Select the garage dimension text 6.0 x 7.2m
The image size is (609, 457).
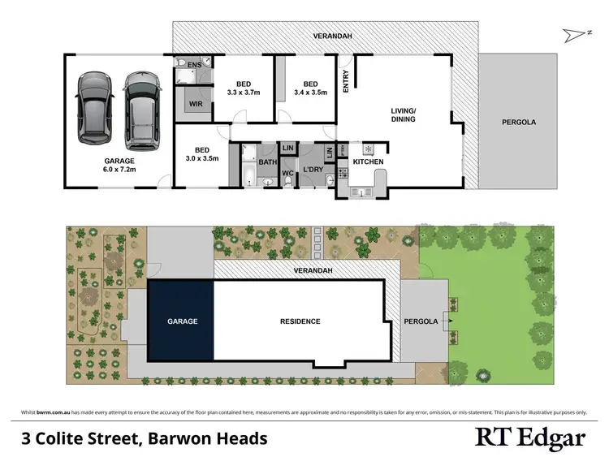click(119, 171)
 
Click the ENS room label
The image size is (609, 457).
click(194, 64)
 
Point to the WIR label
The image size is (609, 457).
click(195, 105)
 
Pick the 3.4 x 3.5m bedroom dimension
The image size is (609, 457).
click(310, 93)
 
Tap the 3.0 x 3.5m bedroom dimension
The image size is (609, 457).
click(203, 159)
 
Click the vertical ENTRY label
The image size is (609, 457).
click(346, 80)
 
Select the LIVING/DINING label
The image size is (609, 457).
click(403, 114)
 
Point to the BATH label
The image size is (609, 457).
click(268, 162)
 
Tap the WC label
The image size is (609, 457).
click(287, 173)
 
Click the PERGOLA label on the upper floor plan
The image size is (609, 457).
click(517, 123)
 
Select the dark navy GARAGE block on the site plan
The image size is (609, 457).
click(182, 321)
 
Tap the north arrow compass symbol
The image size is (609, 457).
click(571, 33)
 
